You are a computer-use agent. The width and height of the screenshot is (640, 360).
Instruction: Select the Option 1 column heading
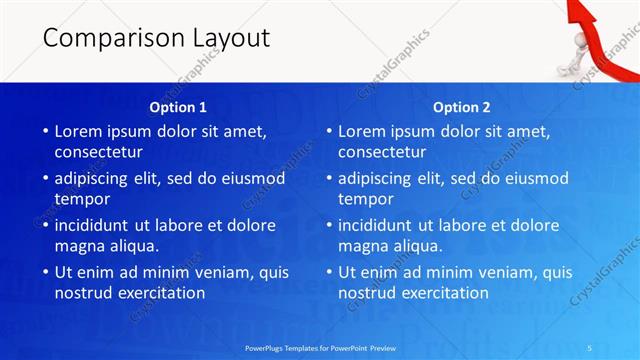click(x=178, y=107)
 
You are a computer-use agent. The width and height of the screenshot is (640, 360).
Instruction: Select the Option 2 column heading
click(x=462, y=107)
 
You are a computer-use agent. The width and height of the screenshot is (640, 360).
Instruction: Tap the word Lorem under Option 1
click(x=80, y=131)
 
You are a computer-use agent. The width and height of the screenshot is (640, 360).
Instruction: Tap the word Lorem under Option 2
click(x=364, y=131)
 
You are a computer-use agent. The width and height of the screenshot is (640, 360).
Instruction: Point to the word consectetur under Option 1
click(x=98, y=152)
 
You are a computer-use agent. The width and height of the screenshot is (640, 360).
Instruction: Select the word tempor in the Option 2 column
click(x=364, y=199)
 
